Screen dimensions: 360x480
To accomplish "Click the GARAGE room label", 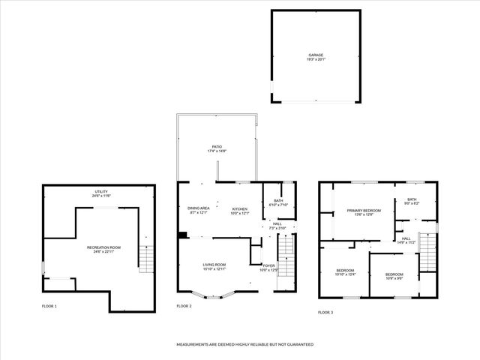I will point(316,56).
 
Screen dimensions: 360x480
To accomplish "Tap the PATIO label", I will point(217,148).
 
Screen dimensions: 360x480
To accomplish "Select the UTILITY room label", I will point(101,193).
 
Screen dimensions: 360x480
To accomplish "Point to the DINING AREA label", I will point(199,209).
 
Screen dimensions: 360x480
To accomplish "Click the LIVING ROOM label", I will point(214,266).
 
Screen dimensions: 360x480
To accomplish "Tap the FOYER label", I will point(268,266).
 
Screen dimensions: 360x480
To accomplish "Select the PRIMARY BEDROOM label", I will point(364,212).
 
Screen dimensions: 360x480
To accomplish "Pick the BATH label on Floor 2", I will point(278,202).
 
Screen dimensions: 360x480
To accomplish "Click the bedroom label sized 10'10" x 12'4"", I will point(345,272).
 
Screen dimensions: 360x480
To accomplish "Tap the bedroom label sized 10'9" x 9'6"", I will point(394,276).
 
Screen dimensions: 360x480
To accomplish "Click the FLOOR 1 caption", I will point(49,306).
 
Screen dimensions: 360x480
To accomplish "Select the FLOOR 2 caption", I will point(184,306).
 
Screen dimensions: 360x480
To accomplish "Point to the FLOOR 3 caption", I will point(325,312).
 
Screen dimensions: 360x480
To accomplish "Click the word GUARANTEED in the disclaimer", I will point(298,344).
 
